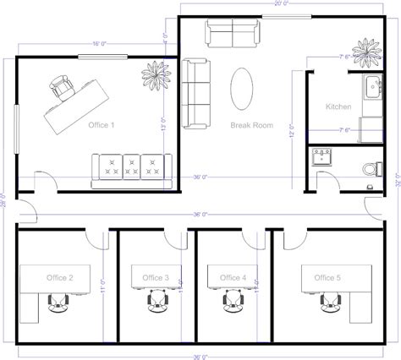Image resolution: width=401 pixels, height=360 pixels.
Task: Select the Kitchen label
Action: [338, 107]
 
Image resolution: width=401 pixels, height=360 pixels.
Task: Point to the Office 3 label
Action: [156, 277]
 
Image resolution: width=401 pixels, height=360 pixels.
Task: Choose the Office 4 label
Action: [233, 277]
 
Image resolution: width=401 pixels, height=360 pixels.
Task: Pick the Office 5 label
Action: [327, 277]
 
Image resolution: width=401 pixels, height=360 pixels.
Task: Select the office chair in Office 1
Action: [63, 85]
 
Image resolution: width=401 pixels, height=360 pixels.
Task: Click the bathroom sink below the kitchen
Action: [321, 156]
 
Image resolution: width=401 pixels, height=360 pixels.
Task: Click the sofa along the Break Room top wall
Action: [231, 34]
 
